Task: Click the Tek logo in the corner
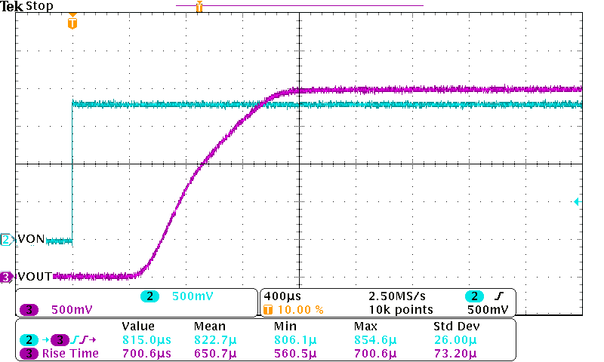pyautogui.click(x=12, y=6)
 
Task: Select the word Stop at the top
pyautogui.click(x=39, y=6)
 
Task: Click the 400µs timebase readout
pyautogui.click(x=279, y=296)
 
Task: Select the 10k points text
pyautogui.click(x=400, y=309)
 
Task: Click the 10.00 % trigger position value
pyautogui.click(x=302, y=309)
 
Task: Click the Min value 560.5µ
pyautogui.click(x=291, y=353)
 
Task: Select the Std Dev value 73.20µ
pyautogui.click(x=450, y=353)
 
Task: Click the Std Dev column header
pyautogui.click(x=456, y=327)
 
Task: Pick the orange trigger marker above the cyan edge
pyautogui.click(x=72, y=23)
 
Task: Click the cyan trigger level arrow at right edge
pyautogui.click(x=577, y=202)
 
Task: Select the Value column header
pyautogui.click(x=138, y=327)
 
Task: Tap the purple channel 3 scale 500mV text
pyautogui.click(x=72, y=309)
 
